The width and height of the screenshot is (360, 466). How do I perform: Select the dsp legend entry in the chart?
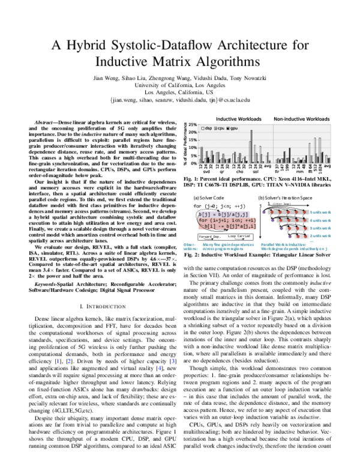click(209, 129)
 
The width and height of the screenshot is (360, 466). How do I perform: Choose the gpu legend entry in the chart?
click(234, 129)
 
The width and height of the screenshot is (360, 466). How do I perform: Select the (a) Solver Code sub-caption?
click(211, 197)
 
